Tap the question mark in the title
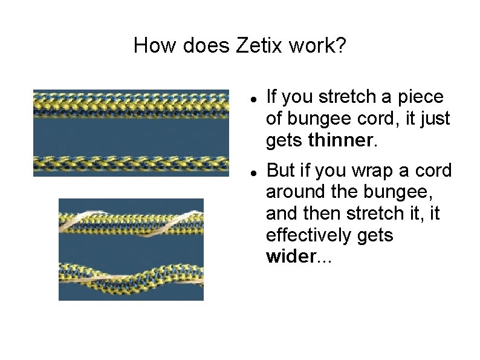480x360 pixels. coord(341,45)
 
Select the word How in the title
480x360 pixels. coord(151,45)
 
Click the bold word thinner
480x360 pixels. coord(342,140)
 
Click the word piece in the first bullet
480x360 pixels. coord(423,97)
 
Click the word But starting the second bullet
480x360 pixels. coord(281,171)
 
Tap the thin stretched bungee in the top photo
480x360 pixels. coord(131,163)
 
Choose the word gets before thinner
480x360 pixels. coord(285,140)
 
